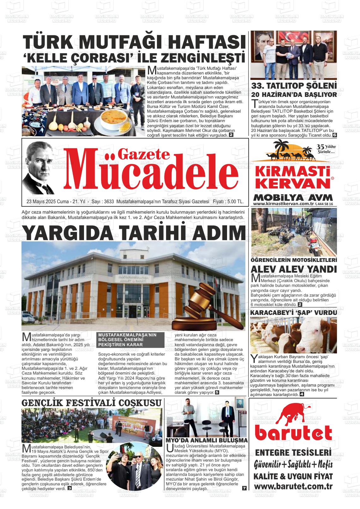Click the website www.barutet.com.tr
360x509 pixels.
[x=293, y=486]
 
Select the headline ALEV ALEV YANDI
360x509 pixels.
[x=293, y=269]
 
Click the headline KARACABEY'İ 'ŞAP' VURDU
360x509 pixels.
[x=293, y=312]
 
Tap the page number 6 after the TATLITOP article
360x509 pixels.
[x=335, y=135]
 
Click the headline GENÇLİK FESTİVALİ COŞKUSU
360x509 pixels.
[x=92, y=403]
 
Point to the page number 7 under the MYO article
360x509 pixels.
[x=244, y=488]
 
